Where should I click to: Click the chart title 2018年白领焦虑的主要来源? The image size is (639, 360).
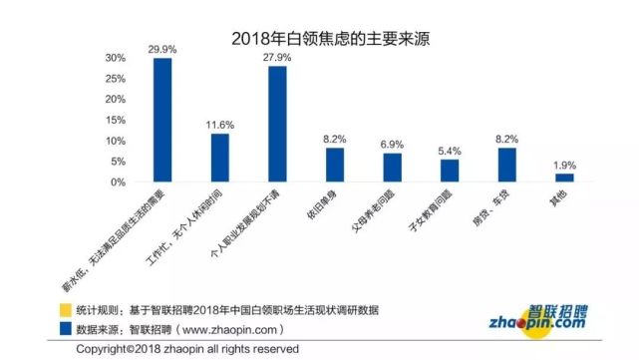[x=319, y=39]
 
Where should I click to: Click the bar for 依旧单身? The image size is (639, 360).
[x=335, y=165]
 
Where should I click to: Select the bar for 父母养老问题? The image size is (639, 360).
[x=393, y=168]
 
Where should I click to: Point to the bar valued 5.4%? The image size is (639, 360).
[x=450, y=171]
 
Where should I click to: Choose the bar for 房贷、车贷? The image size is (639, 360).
[x=507, y=165]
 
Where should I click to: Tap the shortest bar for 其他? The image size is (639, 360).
[x=564, y=178]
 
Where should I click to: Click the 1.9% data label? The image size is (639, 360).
[x=564, y=165]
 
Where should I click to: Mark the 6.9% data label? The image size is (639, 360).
[x=393, y=145]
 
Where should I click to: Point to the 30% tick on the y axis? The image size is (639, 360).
[x=118, y=58]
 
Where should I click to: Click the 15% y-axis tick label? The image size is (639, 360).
[x=118, y=121]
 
